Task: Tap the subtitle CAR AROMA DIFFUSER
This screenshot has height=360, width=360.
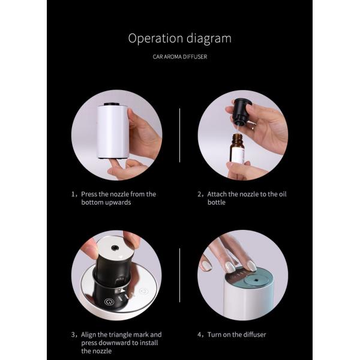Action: pos(180,57)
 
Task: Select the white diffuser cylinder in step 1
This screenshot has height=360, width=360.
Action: pos(113,131)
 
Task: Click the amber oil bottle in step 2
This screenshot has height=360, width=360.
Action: pos(237,149)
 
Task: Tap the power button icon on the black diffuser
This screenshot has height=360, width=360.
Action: pos(108,301)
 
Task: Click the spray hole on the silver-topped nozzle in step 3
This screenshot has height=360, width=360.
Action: pos(115,248)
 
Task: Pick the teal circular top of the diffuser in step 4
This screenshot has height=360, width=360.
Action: pos(256,280)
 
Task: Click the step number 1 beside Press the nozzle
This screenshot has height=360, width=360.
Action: pos(73,194)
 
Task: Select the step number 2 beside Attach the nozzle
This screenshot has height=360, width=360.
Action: pos(199,194)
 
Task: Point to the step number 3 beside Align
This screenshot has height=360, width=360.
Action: pos(73,335)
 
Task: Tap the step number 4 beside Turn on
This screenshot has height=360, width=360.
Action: pos(199,335)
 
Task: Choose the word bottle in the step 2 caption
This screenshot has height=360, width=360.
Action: pos(217,203)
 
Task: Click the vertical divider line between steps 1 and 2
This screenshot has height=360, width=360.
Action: pos(179,136)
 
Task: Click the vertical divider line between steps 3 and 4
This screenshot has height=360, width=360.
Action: pos(179,275)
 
